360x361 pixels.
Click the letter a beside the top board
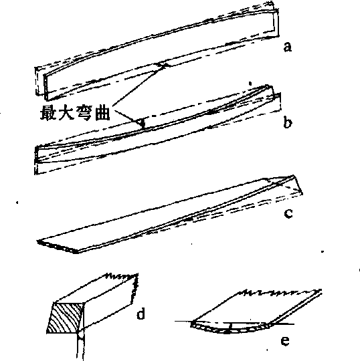(x=288, y=47)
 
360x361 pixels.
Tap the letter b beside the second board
(x=288, y=122)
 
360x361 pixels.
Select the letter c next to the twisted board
(x=288, y=213)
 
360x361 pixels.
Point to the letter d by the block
(x=141, y=314)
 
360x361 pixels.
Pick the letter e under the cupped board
(x=285, y=340)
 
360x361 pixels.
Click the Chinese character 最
(x=48, y=112)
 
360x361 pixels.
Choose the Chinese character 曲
(x=102, y=112)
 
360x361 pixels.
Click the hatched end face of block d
(x=66, y=318)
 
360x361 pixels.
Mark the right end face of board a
(x=276, y=22)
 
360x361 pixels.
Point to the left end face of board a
(x=46, y=88)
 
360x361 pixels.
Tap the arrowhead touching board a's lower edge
(x=164, y=65)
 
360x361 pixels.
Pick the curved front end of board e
(x=230, y=328)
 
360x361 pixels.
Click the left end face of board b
(x=36, y=154)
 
